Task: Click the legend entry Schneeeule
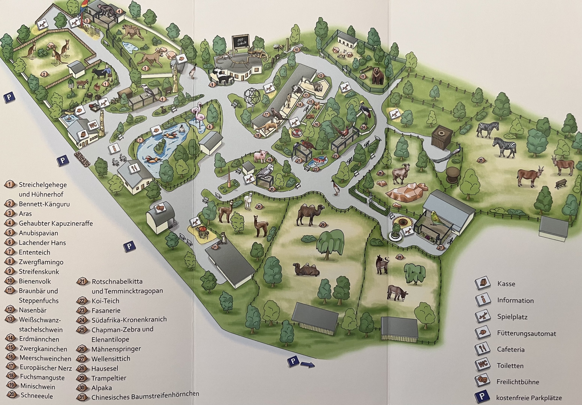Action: point(37,396)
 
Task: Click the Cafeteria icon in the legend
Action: point(482,349)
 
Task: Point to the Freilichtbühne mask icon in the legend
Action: point(482,381)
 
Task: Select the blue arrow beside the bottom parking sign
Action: point(307,365)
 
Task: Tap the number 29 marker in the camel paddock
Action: point(323,225)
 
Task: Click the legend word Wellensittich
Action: point(111,358)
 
